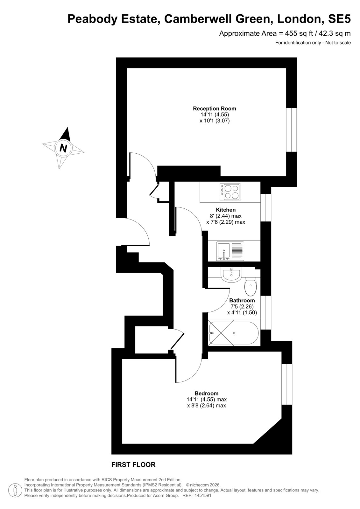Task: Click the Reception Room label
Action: click(215, 108)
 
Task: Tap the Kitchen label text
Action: click(226, 210)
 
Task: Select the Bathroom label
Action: click(242, 300)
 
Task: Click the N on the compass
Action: click(63, 148)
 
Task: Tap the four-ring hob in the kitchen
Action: click(230, 192)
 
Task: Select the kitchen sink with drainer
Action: click(230, 251)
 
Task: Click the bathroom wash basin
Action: click(231, 275)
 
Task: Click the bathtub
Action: click(234, 333)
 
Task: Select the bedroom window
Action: click(287, 384)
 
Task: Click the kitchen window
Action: click(266, 207)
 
